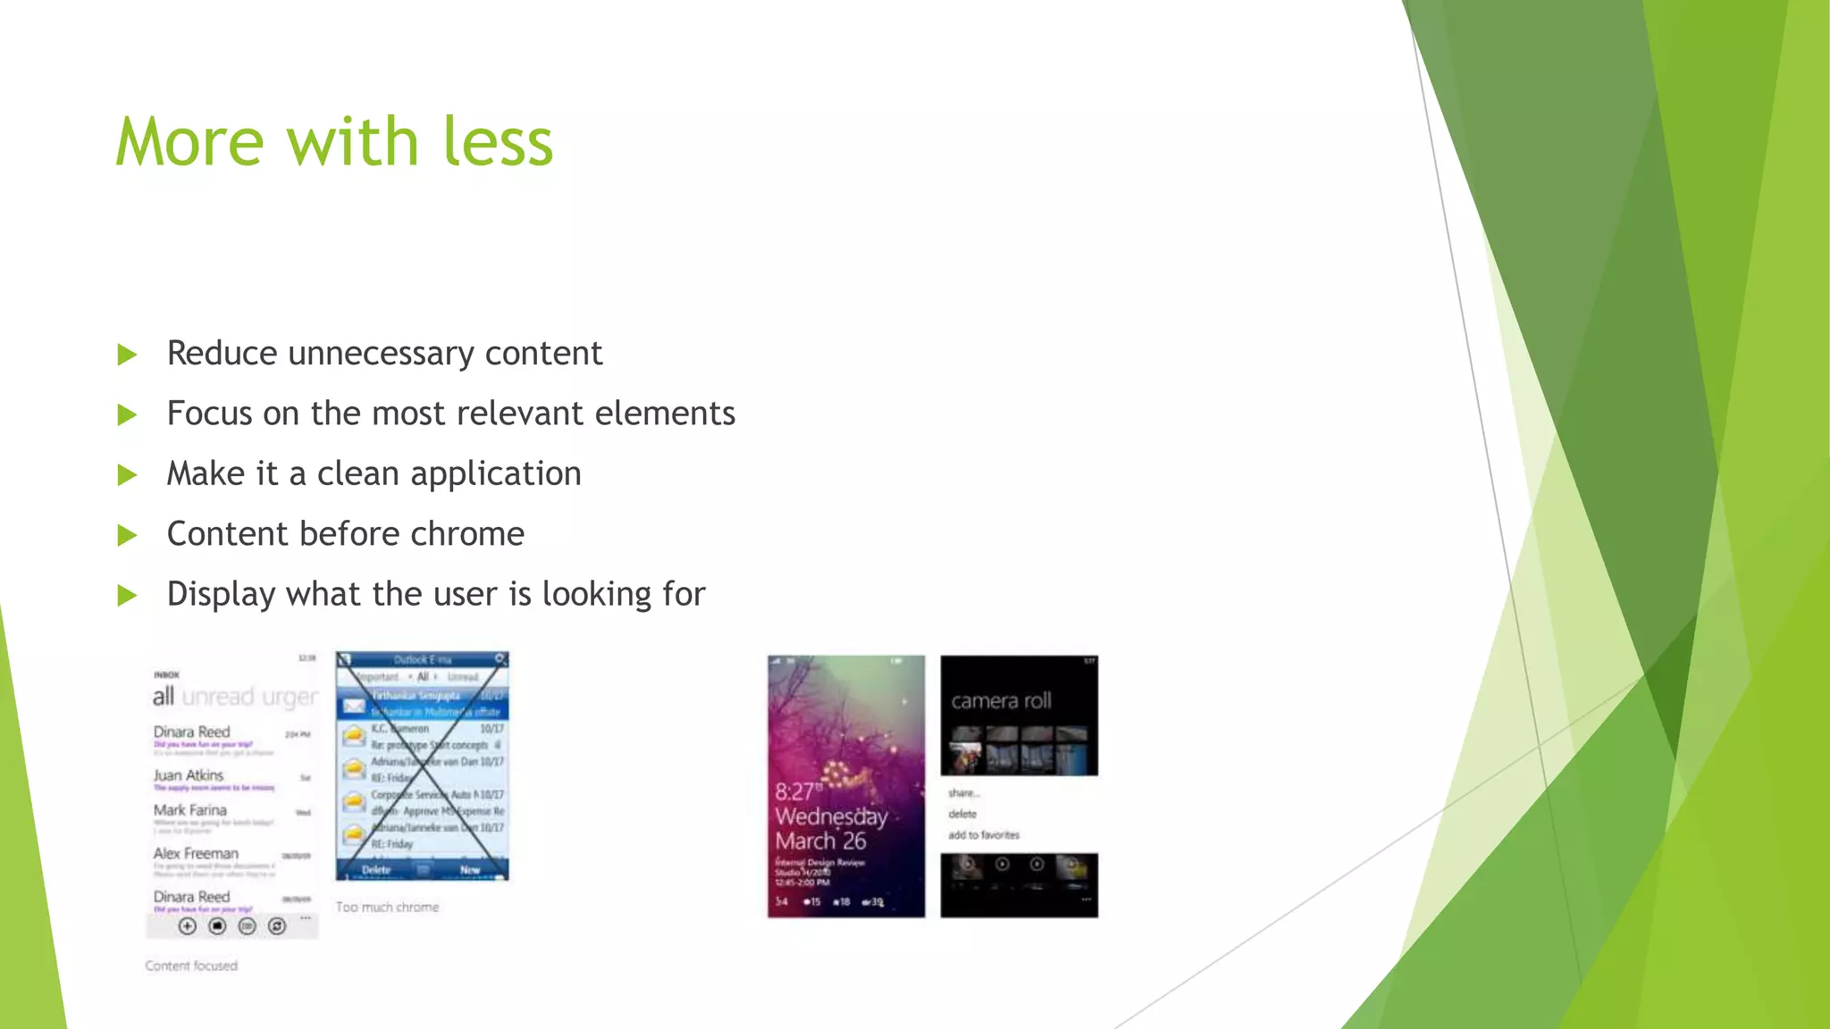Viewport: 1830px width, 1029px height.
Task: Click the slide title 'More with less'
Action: pos(334,142)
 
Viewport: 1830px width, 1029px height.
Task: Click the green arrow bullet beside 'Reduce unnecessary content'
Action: pos(128,355)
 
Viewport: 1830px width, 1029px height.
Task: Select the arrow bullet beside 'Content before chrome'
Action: pos(128,535)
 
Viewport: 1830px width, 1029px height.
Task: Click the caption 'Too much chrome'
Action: pos(387,907)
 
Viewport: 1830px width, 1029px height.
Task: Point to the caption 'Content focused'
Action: pos(191,966)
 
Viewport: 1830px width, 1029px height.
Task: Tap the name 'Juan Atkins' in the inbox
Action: pos(188,775)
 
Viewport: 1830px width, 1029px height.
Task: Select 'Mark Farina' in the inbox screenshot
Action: pos(189,810)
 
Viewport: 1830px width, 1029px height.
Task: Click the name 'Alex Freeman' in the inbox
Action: pos(196,853)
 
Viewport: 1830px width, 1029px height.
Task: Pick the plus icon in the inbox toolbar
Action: pos(187,926)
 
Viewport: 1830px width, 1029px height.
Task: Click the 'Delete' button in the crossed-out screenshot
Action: pos(376,869)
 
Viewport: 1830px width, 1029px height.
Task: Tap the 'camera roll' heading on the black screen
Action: pos(1001,701)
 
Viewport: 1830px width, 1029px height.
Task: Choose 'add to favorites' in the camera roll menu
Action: pos(983,835)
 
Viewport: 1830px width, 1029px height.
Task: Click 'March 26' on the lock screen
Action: pos(820,841)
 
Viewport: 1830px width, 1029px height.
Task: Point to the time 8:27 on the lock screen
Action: pos(794,791)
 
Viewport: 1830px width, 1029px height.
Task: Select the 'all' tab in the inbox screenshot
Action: pos(163,697)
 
